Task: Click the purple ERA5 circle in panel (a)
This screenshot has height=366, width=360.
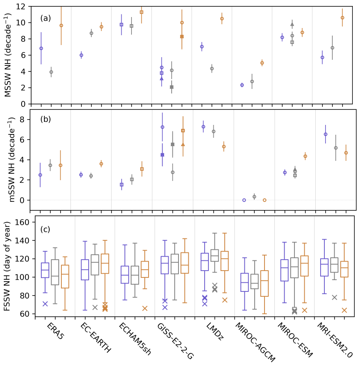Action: (x=41, y=48)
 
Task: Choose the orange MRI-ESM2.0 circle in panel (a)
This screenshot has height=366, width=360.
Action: (x=342, y=18)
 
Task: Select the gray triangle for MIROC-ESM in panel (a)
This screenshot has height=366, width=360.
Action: (x=292, y=25)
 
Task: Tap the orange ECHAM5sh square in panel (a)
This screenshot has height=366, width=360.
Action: (x=141, y=12)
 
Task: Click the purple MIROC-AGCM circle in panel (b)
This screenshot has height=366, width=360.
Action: (x=244, y=200)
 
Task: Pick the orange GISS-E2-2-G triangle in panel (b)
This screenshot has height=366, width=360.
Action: (x=183, y=145)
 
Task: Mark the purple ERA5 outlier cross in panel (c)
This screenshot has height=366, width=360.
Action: (x=45, y=304)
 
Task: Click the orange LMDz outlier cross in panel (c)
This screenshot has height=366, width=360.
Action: (x=225, y=300)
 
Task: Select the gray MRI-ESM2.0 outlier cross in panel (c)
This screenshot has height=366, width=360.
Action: (x=334, y=297)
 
